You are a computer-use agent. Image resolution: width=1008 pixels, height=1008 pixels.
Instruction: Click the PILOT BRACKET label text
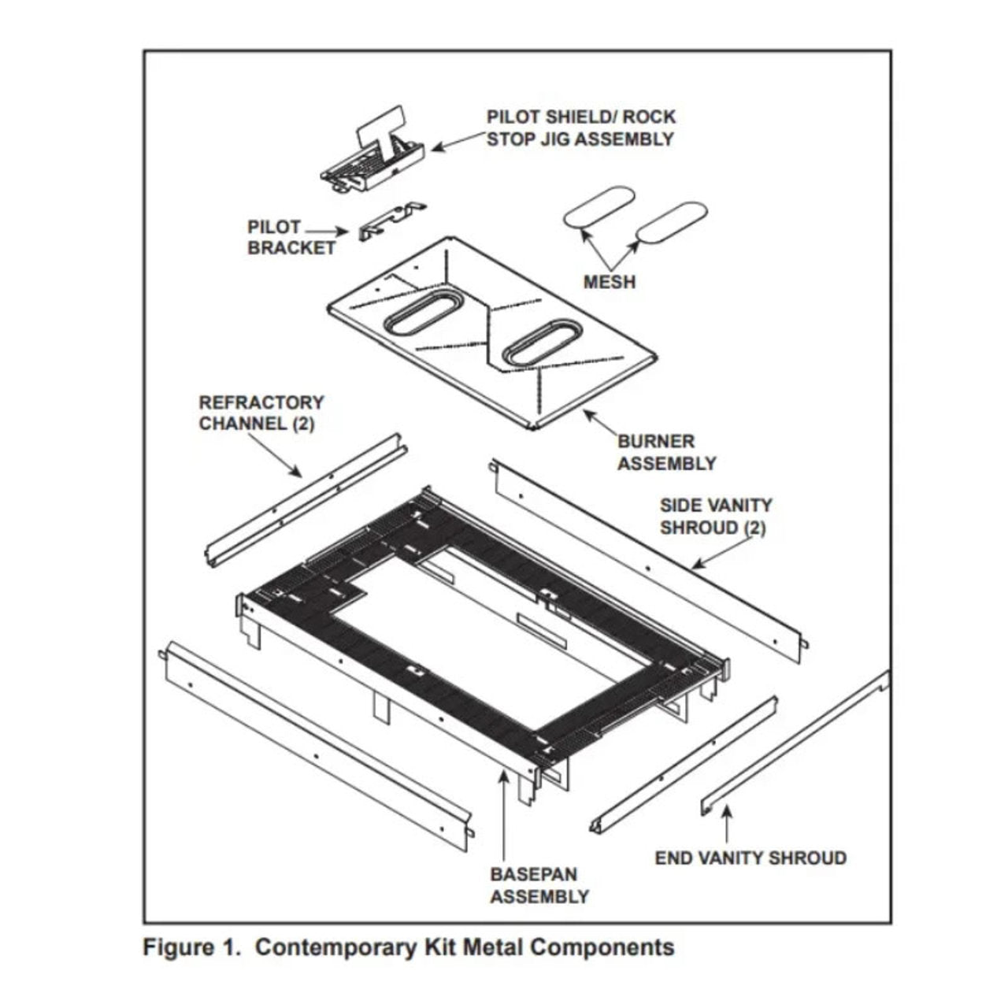tap(291, 237)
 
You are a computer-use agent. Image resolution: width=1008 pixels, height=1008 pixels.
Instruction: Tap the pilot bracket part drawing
tap(391, 221)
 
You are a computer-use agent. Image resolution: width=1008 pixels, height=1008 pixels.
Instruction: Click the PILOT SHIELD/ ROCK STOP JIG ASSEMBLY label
tap(580, 128)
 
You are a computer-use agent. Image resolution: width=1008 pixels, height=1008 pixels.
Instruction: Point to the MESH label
tap(609, 281)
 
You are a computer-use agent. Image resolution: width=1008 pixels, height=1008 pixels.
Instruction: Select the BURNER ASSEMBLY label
tap(666, 452)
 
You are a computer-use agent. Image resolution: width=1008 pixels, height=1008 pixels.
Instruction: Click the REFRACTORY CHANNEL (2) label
tap(261, 413)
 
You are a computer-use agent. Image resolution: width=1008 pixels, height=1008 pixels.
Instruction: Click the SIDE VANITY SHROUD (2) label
tap(715, 516)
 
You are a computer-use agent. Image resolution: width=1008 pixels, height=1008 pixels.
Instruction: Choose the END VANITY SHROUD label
tap(750, 858)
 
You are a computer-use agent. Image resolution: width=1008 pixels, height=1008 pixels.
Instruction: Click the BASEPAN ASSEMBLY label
tap(539, 885)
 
